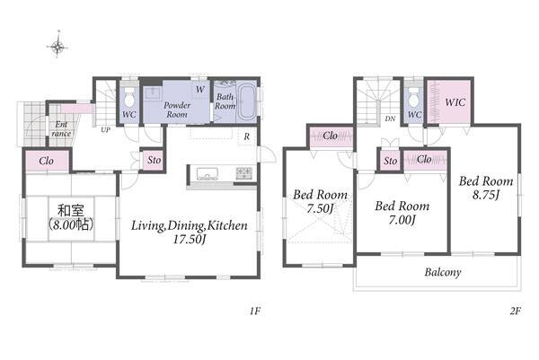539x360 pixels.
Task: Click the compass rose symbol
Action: [x=57, y=46]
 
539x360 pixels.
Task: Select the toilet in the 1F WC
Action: [x=129, y=98]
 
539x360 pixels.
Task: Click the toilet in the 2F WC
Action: [x=414, y=97]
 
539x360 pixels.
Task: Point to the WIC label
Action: [x=455, y=102]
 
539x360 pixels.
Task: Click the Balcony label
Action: [x=442, y=272]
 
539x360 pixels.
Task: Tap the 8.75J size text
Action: [x=485, y=195]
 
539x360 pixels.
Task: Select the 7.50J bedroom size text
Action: [x=320, y=208]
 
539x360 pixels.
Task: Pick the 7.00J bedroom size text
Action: [x=402, y=220]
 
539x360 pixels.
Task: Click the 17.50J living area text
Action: [x=189, y=239]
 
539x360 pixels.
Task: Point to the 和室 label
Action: [x=71, y=210]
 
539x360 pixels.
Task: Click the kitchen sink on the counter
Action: [x=207, y=173]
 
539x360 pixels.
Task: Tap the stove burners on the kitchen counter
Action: [x=244, y=172]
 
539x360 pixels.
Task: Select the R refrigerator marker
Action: [x=246, y=136]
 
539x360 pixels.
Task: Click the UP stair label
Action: [x=105, y=130]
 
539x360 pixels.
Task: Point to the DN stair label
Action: [x=390, y=119]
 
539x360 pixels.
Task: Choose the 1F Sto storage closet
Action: [x=154, y=160]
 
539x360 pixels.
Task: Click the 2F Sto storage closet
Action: [x=391, y=161]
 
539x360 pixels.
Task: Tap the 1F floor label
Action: [x=255, y=311]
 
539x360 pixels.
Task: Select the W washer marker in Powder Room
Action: [x=200, y=90]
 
